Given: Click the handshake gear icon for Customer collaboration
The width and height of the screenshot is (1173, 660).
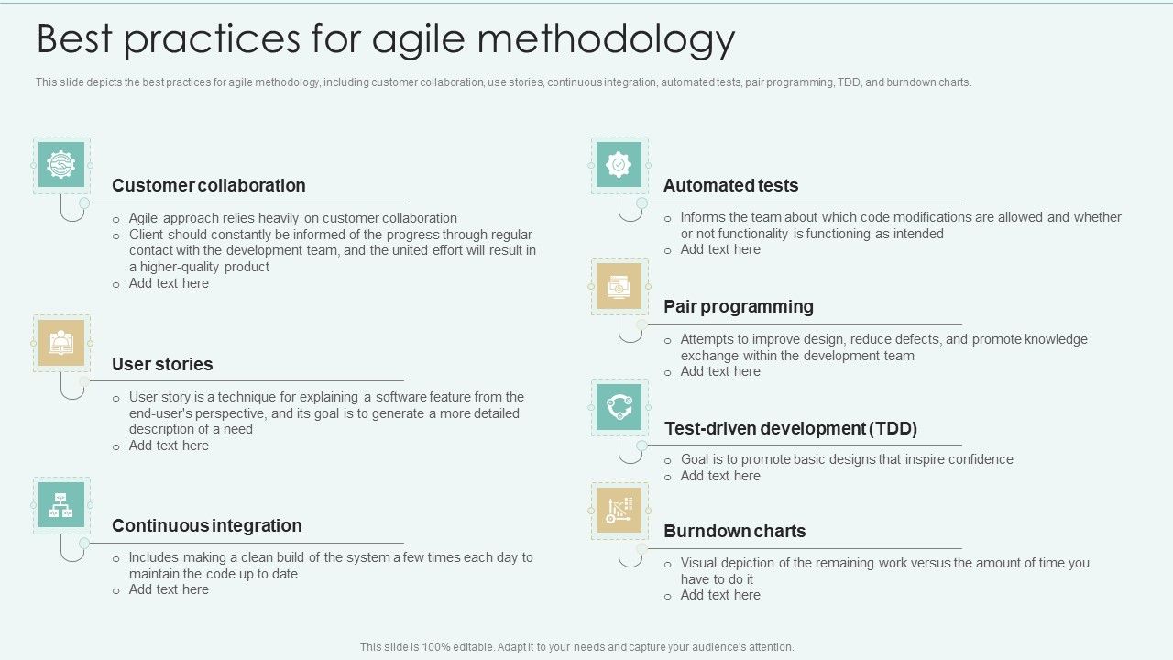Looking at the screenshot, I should pos(61,165).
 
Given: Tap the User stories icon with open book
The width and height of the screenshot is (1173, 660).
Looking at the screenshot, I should pos(61,343).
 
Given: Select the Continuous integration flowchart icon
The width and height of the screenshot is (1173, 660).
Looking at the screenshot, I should pos(61,505).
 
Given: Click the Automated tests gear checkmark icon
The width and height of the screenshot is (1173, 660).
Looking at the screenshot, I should pos(619,165).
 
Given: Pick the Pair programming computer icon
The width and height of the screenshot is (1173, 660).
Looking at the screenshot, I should pos(619,287).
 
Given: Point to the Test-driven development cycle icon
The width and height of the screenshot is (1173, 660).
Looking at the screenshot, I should pos(619,408).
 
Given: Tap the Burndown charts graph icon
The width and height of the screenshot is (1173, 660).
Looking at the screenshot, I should pos(619,511).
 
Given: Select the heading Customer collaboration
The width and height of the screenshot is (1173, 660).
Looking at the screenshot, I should pos(209,185).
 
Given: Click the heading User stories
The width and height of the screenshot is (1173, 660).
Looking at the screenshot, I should pos(162,364).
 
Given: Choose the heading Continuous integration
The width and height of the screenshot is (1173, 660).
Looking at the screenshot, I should pos(206,525).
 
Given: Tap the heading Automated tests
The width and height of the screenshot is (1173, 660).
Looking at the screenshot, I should pos(730,185).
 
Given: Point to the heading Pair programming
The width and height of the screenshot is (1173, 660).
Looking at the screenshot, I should pos(739,306).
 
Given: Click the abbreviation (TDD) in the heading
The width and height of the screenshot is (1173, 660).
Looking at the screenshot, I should pos(893,428).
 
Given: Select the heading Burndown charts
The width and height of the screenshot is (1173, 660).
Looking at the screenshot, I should pos(734,531).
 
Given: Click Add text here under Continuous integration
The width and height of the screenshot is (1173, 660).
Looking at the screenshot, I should pos(169,589).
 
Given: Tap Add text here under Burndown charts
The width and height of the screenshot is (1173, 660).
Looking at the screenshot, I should pos(720,595).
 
